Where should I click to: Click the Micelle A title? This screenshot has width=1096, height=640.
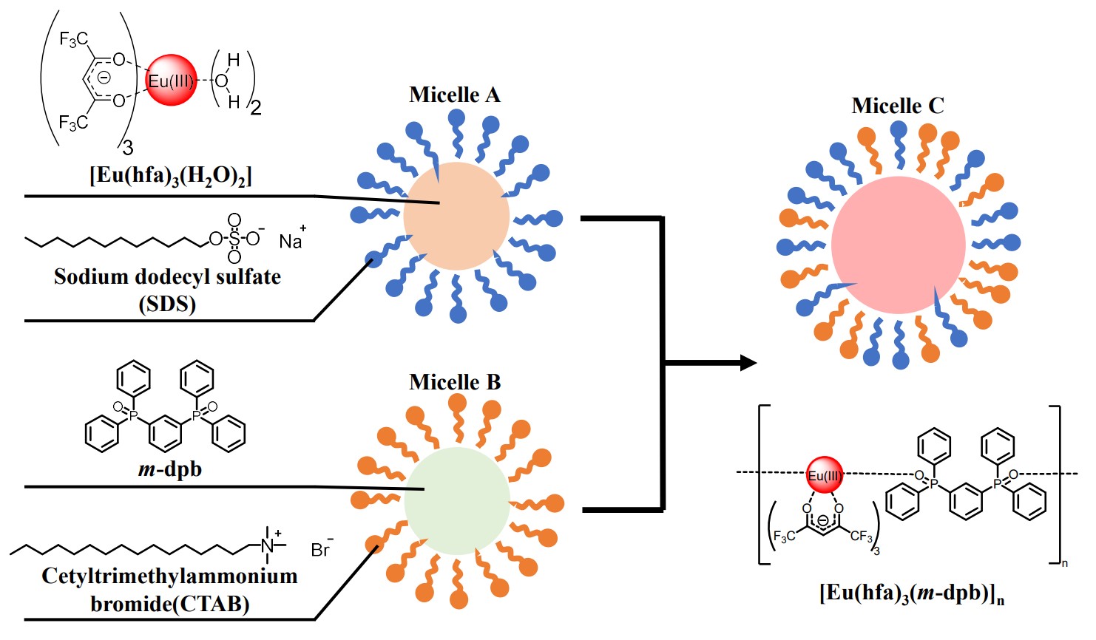(x=454, y=95)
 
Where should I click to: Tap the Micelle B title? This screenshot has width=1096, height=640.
(x=454, y=382)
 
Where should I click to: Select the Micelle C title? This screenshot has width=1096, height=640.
(x=897, y=106)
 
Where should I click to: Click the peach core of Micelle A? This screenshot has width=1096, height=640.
(x=456, y=216)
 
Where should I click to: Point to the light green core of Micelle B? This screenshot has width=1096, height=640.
(x=457, y=500)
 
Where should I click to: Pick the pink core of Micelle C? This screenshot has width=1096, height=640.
(x=898, y=245)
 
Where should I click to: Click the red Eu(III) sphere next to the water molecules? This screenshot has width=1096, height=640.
(x=172, y=80)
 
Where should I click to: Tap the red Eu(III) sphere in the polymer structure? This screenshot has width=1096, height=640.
(x=824, y=474)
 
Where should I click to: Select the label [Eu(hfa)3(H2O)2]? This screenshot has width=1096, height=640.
(x=171, y=176)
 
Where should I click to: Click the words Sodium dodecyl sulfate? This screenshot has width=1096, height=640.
(x=167, y=277)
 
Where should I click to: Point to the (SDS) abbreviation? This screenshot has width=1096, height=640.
(x=167, y=304)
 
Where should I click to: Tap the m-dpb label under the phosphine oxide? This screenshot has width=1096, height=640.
(x=170, y=469)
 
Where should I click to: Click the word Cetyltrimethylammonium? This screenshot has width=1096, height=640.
(x=169, y=576)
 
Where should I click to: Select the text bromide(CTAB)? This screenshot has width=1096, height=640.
(x=169, y=604)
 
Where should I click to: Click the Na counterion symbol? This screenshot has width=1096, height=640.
(x=290, y=241)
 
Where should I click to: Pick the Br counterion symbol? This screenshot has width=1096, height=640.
(x=319, y=550)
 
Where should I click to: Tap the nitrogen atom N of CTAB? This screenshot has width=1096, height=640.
(x=267, y=545)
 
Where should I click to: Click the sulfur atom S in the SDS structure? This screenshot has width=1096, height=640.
(x=234, y=239)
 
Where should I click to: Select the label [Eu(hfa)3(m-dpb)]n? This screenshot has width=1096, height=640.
(x=911, y=593)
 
